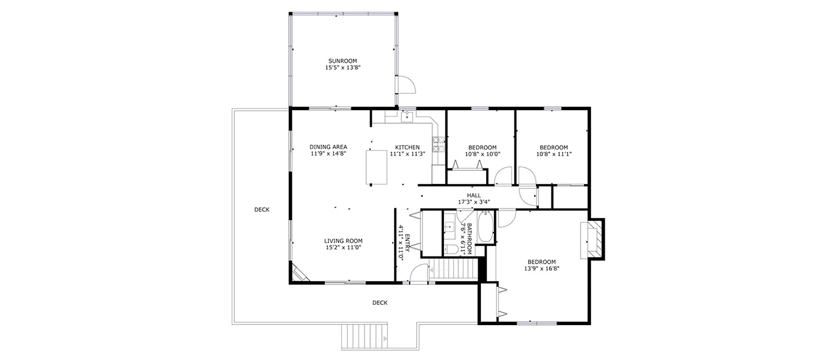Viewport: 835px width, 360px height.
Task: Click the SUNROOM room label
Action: click(x=342, y=61)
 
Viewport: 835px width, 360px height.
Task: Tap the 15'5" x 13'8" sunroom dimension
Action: click(x=342, y=67)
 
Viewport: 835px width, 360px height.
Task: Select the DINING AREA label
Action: click(x=328, y=147)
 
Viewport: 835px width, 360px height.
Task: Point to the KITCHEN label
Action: click(x=407, y=148)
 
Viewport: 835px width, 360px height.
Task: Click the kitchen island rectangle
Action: click(x=377, y=167)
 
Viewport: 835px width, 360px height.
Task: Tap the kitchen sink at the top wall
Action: click(x=407, y=117)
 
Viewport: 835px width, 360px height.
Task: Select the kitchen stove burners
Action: click(x=438, y=144)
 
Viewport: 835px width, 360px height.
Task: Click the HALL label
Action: click(x=474, y=195)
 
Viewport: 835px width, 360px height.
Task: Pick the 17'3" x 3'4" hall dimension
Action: click(x=474, y=202)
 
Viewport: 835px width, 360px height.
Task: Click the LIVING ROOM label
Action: click(x=343, y=241)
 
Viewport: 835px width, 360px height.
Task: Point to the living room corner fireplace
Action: click(x=300, y=273)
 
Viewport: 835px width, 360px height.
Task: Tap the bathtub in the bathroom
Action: click(x=485, y=227)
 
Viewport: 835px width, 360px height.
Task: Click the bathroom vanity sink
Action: click(x=449, y=227)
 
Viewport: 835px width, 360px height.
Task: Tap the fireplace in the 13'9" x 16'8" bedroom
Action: click(x=592, y=239)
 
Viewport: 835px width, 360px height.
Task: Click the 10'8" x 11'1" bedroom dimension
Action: click(x=553, y=153)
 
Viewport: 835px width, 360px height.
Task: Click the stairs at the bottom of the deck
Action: click(x=364, y=337)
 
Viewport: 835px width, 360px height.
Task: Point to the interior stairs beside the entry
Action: click(x=453, y=269)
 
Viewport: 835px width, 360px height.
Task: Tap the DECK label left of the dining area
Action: click(x=262, y=210)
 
